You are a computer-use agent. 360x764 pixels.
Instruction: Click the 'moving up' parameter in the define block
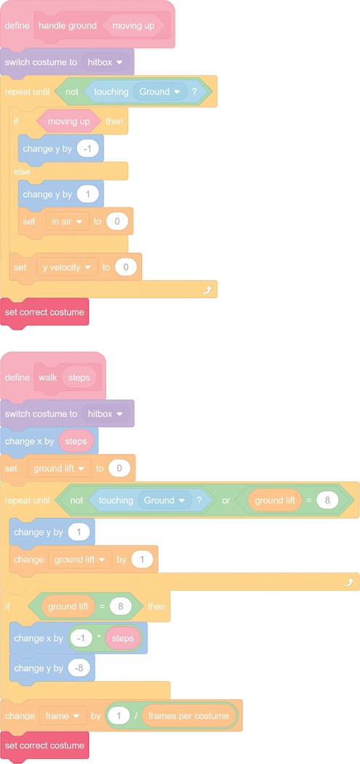pyautogui.click(x=134, y=25)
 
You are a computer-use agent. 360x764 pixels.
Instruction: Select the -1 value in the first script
pyautogui.click(x=88, y=148)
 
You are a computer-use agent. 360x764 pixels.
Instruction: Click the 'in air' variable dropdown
pyautogui.click(x=67, y=221)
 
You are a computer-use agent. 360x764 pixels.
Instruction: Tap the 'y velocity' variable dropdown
pyautogui.click(x=67, y=267)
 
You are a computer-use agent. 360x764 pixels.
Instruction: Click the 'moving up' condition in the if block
pyautogui.click(x=68, y=122)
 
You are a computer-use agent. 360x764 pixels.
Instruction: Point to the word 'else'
pyautogui.click(x=22, y=172)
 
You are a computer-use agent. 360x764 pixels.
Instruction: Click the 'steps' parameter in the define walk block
pyautogui.click(x=79, y=378)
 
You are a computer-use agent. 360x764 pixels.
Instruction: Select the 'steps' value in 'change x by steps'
pyautogui.click(x=76, y=441)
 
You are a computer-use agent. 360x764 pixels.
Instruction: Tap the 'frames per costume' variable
pyautogui.click(x=188, y=716)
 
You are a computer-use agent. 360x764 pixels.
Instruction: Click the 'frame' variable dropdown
pyautogui.click(x=63, y=716)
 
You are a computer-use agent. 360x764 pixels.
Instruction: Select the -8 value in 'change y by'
pyautogui.click(x=79, y=668)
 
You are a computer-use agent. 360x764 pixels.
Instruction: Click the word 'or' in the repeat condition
pyautogui.click(x=226, y=501)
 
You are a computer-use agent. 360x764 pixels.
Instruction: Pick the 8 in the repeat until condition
pyautogui.click(x=327, y=501)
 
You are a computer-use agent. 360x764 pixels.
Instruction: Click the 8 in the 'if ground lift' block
pyautogui.click(x=121, y=607)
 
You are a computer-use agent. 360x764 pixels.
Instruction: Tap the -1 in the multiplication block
pyautogui.click(x=81, y=638)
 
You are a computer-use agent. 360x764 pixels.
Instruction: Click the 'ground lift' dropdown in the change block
pyautogui.click(x=80, y=560)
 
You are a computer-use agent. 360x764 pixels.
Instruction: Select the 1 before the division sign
pyautogui.click(x=119, y=716)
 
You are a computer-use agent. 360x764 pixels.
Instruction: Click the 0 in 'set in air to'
pyautogui.click(x=117, y=221)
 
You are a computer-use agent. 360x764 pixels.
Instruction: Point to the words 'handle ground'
pyautogui.click(x=68, y=25)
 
